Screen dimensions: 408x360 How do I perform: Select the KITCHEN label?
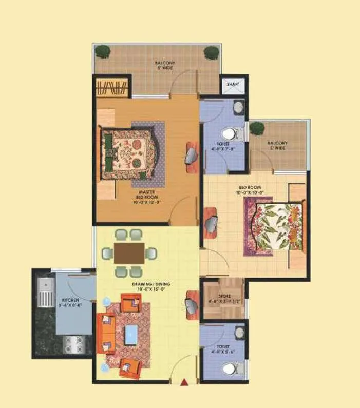(x=70, y=301)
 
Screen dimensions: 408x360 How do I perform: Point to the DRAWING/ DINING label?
(x=154, y=286)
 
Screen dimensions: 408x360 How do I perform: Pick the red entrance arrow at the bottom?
(x=184, y=380)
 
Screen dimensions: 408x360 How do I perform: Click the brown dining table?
(x=129, y=252)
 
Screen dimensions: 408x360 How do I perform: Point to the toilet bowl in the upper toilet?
(x=230, y=134)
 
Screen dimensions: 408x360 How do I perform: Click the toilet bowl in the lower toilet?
(x=230, y=368)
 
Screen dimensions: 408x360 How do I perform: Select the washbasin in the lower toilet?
(x=239, y=333)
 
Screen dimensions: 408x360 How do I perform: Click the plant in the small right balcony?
(x=257, y=128)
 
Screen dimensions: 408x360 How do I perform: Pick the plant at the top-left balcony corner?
(x=103, y=51)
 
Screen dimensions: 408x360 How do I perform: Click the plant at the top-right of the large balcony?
(x=211, y=52)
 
